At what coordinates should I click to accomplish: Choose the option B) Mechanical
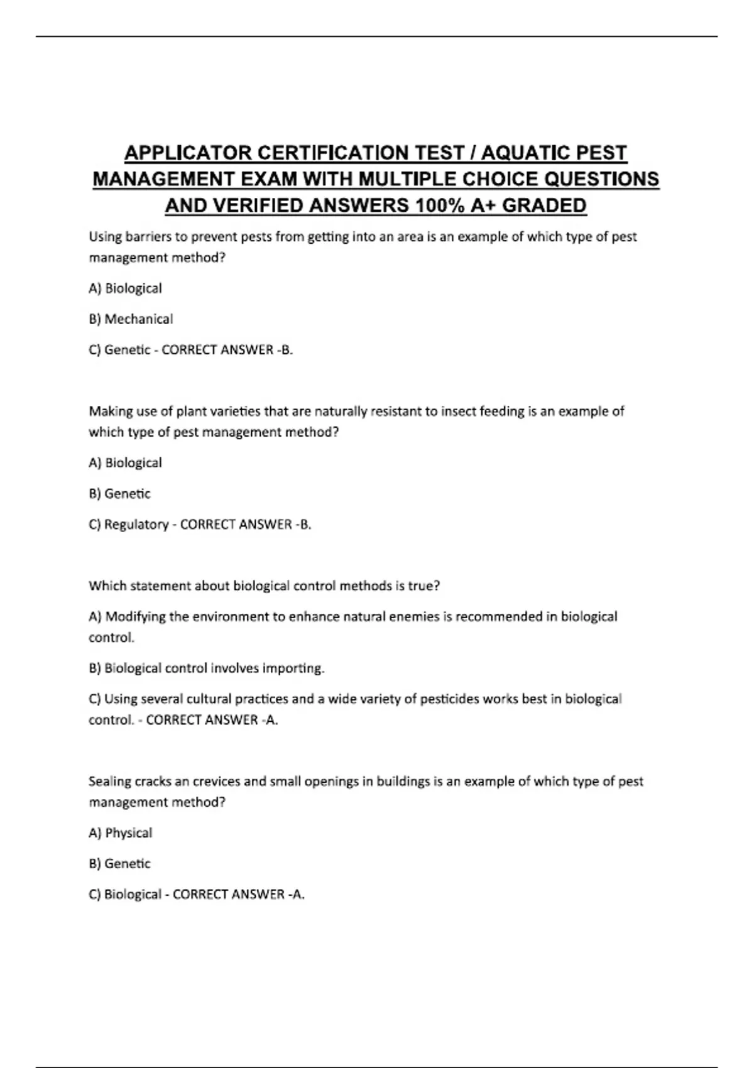pos(131,319)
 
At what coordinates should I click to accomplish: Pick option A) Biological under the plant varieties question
pos(125,463)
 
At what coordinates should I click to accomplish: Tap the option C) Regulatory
pos(128,525)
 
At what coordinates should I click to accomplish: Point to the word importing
pos(295,668)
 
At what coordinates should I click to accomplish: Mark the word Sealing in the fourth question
pos(109,782)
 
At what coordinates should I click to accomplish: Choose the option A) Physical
pos(121,833)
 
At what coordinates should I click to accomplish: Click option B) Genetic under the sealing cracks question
pos(119,864)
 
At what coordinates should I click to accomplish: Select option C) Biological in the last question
pos(125,895)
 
